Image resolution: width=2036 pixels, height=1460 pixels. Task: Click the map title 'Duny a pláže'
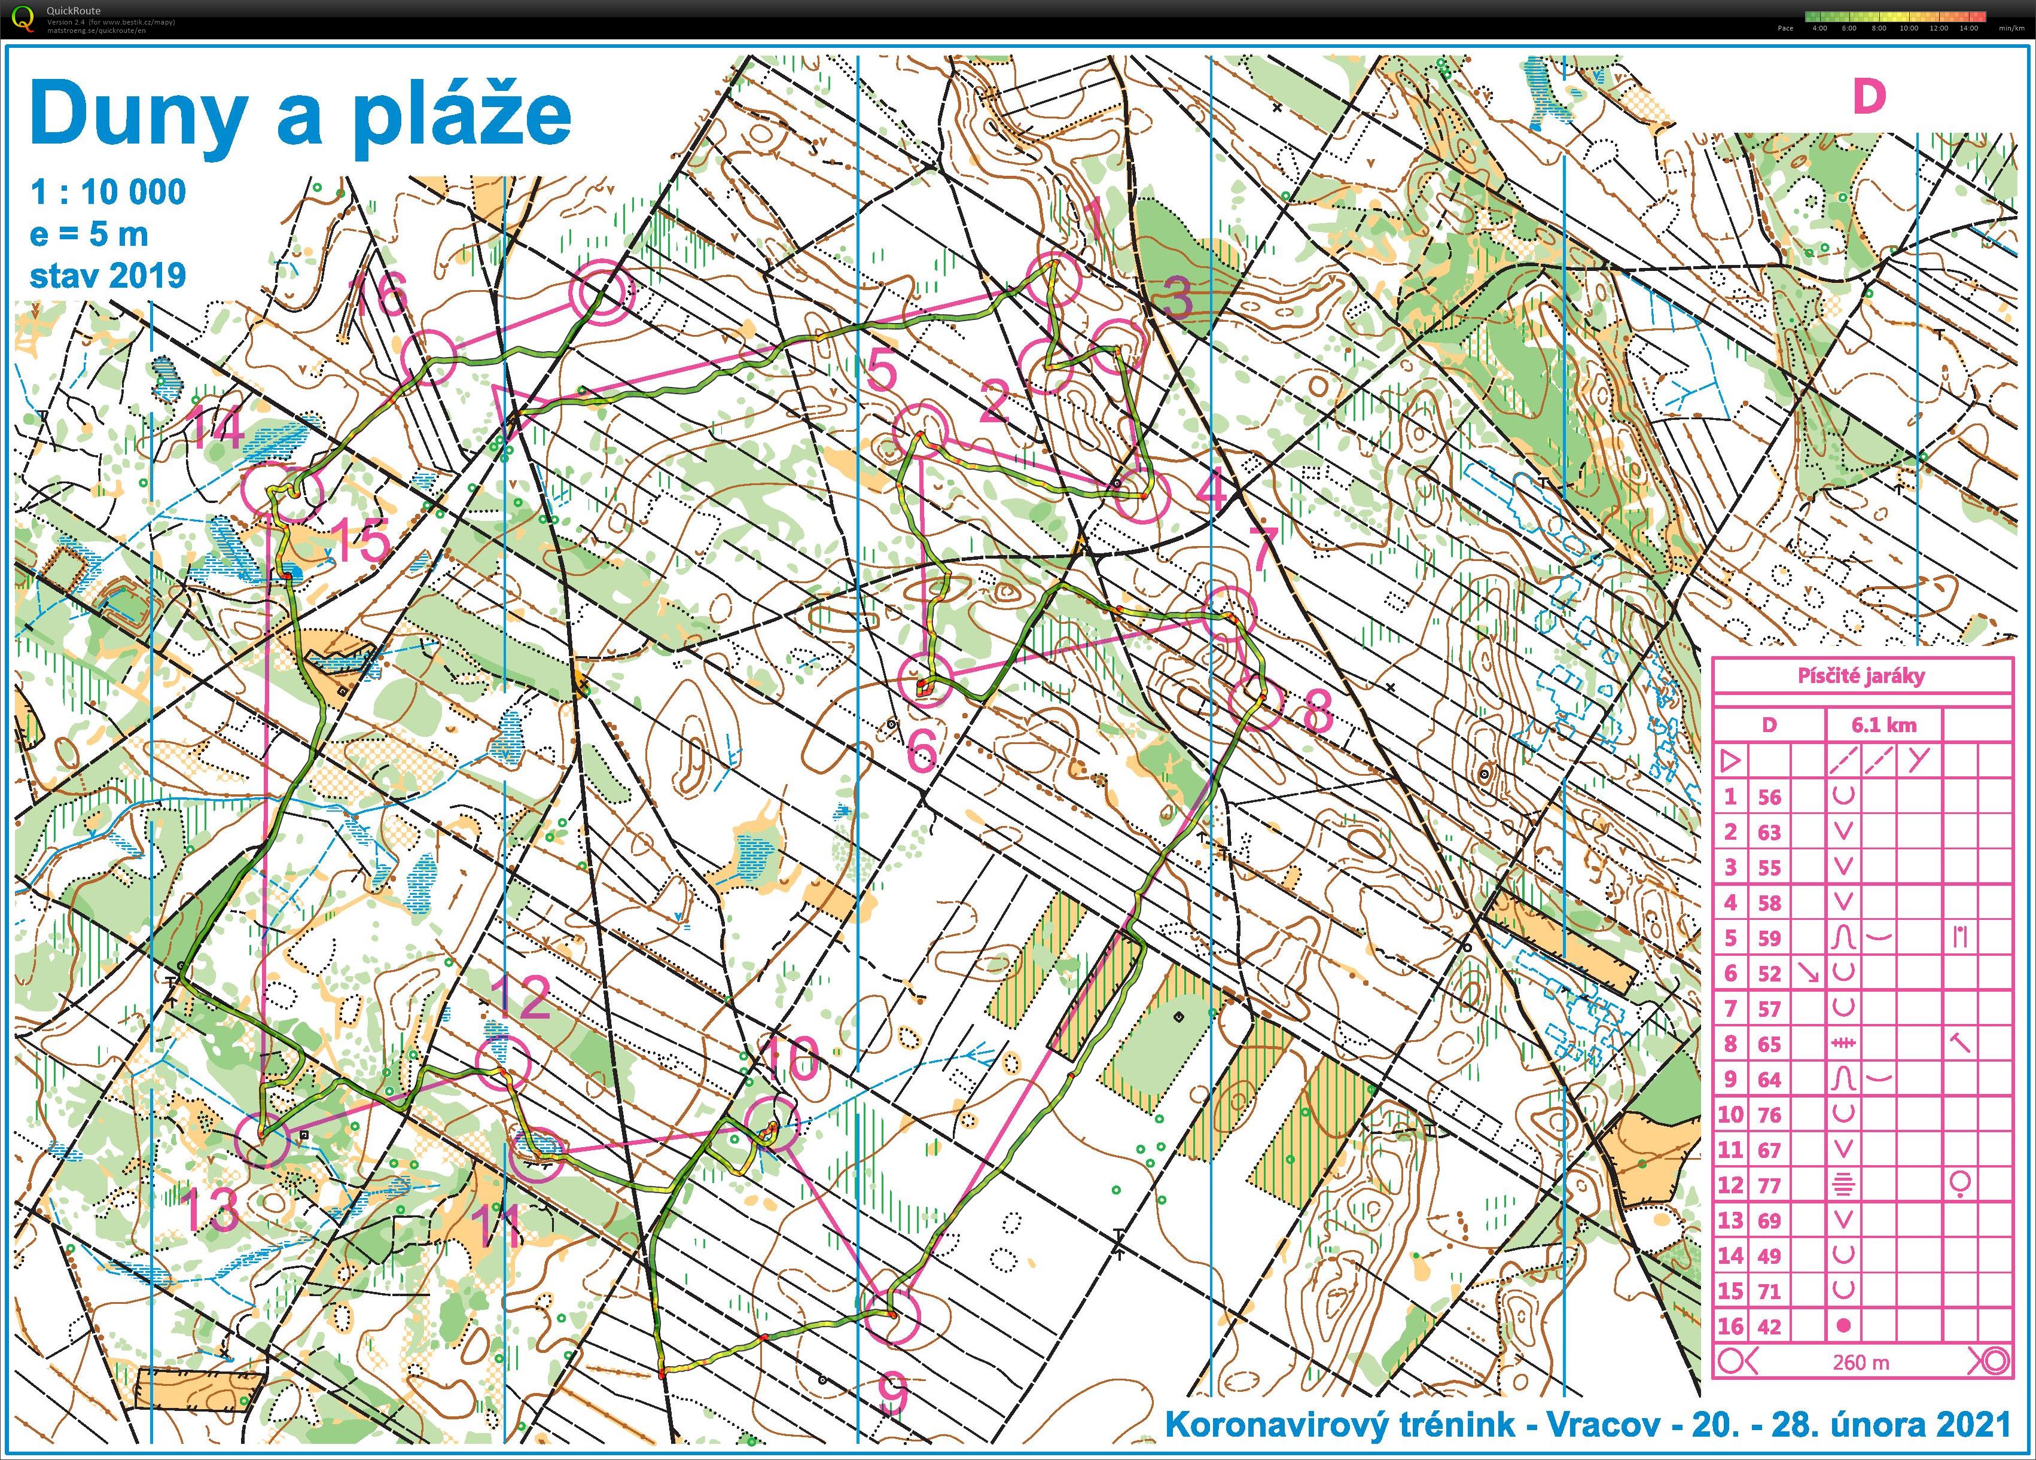click(x=301, y=114)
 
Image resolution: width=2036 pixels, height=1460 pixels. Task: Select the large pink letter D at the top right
click(x=1869, y=97)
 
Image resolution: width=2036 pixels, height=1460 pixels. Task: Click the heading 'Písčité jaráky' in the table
click(x=1861, y=676)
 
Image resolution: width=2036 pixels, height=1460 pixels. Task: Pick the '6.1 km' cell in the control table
click(x=1883, y=724)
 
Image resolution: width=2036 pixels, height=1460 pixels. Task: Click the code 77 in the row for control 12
click(x=1769, y=1185)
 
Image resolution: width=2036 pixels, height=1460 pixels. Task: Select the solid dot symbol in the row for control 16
click(x=1844, y=1325)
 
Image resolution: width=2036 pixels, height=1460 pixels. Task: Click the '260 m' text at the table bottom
click(x=1861, y=1362)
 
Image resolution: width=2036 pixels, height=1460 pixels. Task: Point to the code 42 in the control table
click(x=1769, y=1326)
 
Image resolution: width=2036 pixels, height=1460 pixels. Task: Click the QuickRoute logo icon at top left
click(x=25, y=18)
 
